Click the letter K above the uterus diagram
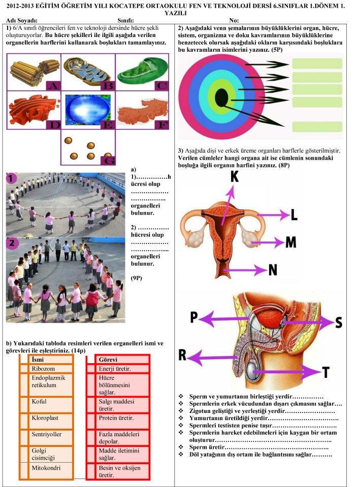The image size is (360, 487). pyautogui.click(x=235, y=177)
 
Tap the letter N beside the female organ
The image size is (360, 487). pyautogui.click(x=273, y=270)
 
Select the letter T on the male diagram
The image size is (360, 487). pyautogui.click(x=325, y=372)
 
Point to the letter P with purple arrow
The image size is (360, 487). pyautogui.click(x=193, y=317)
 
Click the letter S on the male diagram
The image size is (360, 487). pyautogui.click(x=339, y=323)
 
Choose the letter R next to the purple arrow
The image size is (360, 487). pyautogui.click(x=182, y=355)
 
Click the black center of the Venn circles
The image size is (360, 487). pyautogui.click(x=221, y=97)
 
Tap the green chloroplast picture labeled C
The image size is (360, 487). pyautogui.click(x=142, y=72)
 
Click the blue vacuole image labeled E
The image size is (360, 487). pyautogui.click(x=88, y=110)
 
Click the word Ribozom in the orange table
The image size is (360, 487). pyautogui.click(x=43, y=369)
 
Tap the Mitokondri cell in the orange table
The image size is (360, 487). pyautogui.click(x=46, y=468)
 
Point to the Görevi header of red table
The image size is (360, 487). pyautogui.click(x=108, y=360)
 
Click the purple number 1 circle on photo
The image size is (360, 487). pyautogui.click(x=11, y=179)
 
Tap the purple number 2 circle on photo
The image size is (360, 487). pyautogui.click(x=12, y=243)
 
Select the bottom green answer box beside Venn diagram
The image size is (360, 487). pyautogui.click(x=317, y=127)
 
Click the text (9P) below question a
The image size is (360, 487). pyautogui.click(x=136, y=278)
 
